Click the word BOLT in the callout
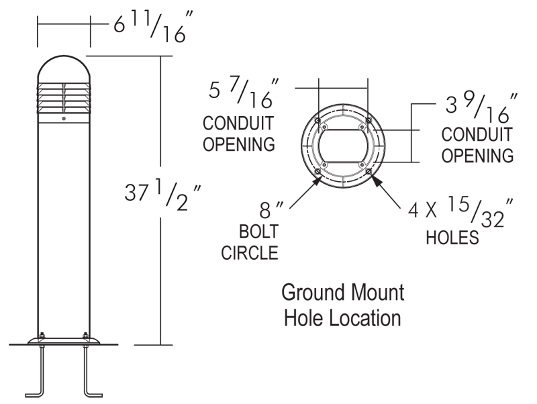point(258,233)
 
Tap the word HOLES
point(454,238)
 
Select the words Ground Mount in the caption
point(342,293)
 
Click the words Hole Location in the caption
point(342,317)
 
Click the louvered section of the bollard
point(64,98)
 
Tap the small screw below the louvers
point(64,119)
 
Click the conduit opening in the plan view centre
point(343,145)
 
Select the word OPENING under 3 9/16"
point(477,155)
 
